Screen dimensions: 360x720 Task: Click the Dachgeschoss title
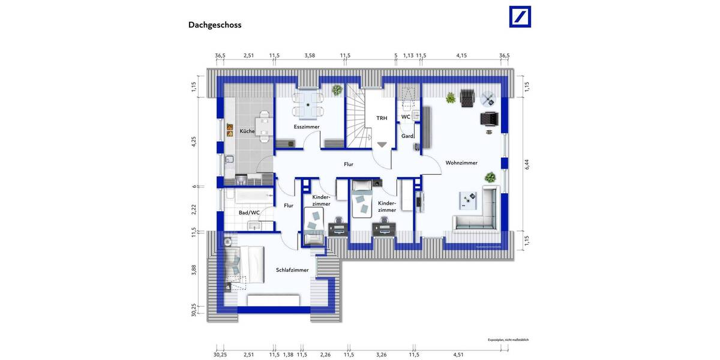pyautogui.click(x=215, y=25)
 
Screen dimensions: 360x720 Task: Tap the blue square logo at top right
pyautogui.click(x=520, y=17)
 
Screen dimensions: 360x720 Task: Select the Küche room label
pyautogui.click(x=247, y=131)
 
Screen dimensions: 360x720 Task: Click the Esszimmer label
pyautogui.click(x=307, y=127)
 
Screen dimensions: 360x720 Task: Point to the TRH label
pyautogui.click(x=382, y=118)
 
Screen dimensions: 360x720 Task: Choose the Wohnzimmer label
pyautogui.click(x=461, y=163)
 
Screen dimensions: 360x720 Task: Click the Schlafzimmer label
pyautogui.click(x=292, y=270)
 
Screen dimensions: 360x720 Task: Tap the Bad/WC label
pyautogui.click(x=249, y=212)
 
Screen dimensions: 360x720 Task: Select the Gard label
pyautogui.click(x=407, y=136)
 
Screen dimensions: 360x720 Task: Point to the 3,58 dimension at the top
pyautogui.click(x=310, y=55)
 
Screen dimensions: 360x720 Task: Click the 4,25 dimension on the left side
pyautogui.click(x=194, y=142)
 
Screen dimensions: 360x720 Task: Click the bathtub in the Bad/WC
pyautogui.click(x=248, y=196)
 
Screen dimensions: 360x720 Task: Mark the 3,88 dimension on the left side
pyautogui.click(x=194, y=269)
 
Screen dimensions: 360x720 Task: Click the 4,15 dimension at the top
pyautogui.click(x=461, y=55)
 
